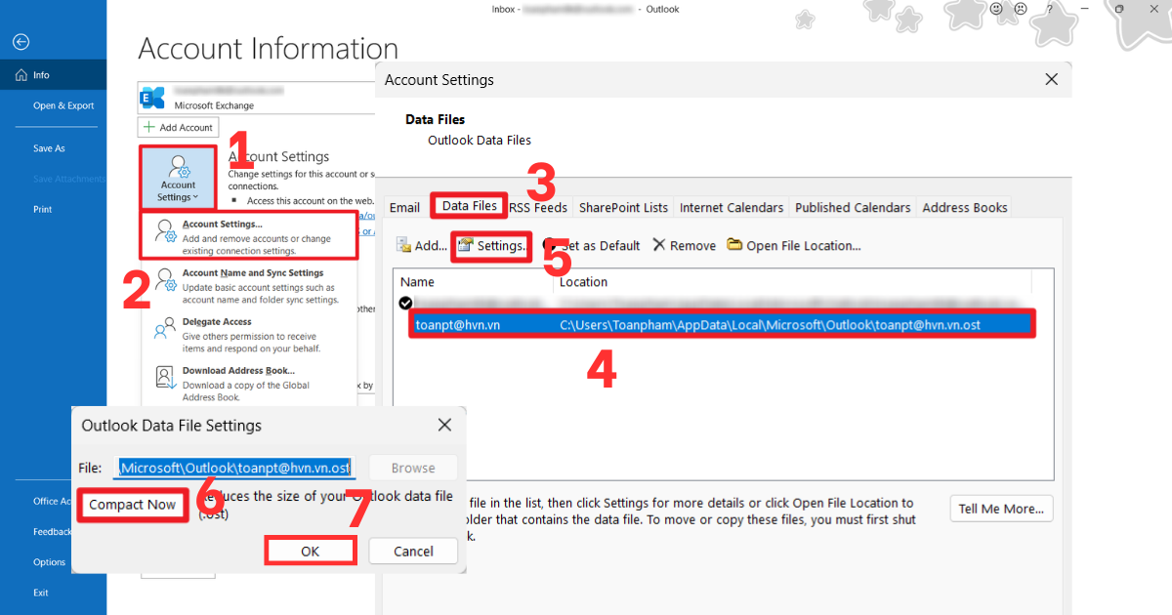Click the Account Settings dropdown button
tap(178, 178)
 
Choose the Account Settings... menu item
tap(249, 237)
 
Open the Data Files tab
tap(469, 206)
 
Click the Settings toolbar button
tap(492, 246)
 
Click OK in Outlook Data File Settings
tap(310, 552)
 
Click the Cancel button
tap(413, 552)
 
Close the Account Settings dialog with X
tap(1051, 80)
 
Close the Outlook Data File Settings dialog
tap(444, 426)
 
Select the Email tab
tap(404, 208)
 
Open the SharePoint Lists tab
tap(623, 208)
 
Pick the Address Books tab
tap(965, 208)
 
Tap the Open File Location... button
tap(794, 246)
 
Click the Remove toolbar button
tap(685, 246)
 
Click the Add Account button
tap(178, 128)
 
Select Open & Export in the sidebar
tap(63, 105)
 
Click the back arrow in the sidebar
tap(21, 42)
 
